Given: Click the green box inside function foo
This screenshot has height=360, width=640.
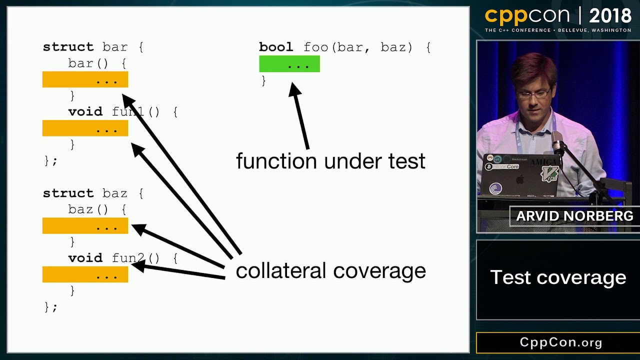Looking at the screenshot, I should (x=289, y=64).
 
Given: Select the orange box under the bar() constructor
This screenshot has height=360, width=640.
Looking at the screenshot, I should (x=85, y=79).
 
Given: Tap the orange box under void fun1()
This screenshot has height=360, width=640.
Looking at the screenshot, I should (x=85, y=128).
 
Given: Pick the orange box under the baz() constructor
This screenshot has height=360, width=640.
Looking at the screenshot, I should (x=85, y=225).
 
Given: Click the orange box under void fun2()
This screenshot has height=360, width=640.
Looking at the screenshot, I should (x=85, y=274).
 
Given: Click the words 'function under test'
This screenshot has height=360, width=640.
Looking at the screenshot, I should (x=330, y=161).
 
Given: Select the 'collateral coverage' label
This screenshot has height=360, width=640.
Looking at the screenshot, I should (x=330, y=270).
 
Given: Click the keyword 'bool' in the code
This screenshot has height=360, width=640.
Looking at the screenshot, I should (x=276, y=47).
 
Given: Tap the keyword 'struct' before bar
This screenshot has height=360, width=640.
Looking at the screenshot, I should (x=68, y=47).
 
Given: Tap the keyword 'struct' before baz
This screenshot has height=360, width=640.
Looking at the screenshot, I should (x=68, y=193).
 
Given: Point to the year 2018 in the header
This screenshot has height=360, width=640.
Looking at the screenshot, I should (x=610, y=16).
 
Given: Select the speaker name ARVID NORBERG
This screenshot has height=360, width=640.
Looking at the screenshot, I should (x=574, y=216).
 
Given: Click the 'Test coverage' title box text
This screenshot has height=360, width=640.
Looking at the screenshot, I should (x=558, y=277).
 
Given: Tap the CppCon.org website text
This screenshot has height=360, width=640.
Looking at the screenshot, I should (x=561, y=342).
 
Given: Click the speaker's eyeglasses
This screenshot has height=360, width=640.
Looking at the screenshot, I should (x=534, y=93).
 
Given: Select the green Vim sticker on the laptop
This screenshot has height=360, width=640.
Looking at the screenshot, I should (x=549, y=173).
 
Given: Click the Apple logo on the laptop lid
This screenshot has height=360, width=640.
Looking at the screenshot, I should (x=519, y=179).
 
